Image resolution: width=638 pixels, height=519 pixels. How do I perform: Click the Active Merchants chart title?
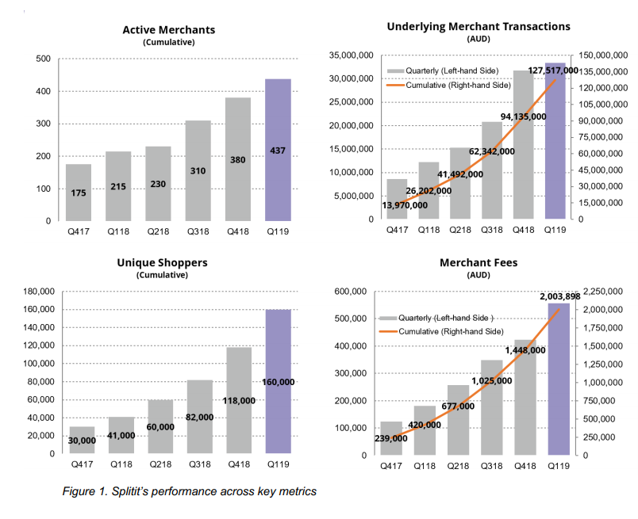click(169, 30)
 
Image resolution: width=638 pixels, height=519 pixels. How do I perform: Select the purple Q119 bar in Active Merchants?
click(278, 150)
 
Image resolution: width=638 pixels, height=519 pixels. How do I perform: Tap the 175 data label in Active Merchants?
click(79, 193)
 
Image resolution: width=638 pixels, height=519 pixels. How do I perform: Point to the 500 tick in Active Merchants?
click(43, 59)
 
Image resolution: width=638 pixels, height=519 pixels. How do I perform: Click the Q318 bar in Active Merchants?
click(198, 170)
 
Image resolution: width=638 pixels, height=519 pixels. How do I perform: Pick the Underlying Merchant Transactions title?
click(478, 27)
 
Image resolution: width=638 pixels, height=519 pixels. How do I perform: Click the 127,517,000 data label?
click(553, 71)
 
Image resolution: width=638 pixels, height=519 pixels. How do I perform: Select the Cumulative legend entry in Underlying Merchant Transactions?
click(449, 86)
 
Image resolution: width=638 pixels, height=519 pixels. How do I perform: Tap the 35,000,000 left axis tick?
click(352, 55)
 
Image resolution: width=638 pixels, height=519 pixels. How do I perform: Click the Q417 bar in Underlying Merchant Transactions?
click(397, 199)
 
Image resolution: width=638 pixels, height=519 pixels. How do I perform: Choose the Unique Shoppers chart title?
click(163, 263)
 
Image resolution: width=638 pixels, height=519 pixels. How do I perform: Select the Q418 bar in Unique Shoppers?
click(240, 400)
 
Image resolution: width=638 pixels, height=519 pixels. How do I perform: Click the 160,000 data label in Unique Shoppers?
click(279, 382)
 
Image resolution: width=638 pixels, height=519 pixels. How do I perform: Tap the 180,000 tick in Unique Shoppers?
click(39, 292)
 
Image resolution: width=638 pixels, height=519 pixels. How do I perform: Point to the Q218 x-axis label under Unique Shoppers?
click(161, 464)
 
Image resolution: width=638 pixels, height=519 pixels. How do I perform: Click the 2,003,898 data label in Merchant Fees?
click(560, 296)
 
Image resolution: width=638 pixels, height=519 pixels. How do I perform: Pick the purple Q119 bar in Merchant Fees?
click(559, 380)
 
